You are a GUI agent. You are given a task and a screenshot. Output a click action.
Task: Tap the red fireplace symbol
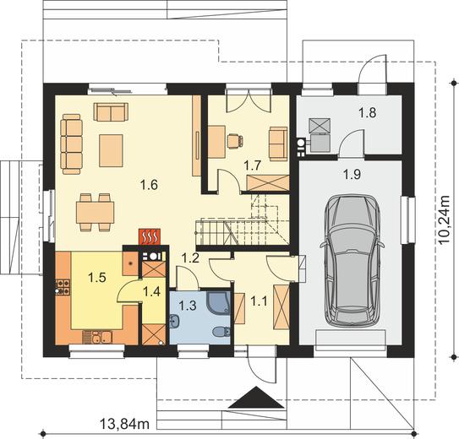[150, 236]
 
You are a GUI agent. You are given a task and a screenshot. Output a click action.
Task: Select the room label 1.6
[149, 185]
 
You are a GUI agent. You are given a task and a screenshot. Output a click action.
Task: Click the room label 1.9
[352, 175]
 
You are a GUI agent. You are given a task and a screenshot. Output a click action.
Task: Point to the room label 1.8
[368, 112]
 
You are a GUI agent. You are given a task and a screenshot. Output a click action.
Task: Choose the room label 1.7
[253, 165]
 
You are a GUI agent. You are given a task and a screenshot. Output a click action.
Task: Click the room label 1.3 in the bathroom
[188, 306]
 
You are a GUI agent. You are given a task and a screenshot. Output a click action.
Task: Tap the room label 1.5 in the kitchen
[97, 278]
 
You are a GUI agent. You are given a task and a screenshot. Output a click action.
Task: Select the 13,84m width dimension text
[125, 424]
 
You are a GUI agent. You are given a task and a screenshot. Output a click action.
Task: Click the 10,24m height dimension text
[444, 219]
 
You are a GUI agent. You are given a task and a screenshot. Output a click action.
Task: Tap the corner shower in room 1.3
[218, 301]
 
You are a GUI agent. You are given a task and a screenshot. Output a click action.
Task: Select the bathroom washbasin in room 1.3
[175, 322]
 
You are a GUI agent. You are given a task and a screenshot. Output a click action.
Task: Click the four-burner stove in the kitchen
[63, 287]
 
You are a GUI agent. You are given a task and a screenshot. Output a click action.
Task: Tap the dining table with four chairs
[96, 213]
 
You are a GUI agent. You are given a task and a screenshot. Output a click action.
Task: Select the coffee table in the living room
[111, 150]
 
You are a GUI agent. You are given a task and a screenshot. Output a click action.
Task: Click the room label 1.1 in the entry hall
[260, 301]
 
